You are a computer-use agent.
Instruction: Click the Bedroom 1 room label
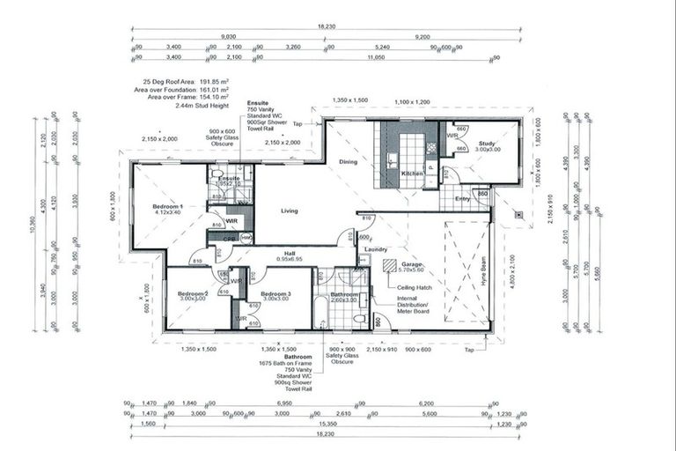click(x=166, y=207)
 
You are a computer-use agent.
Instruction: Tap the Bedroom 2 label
click(x=192, y=294)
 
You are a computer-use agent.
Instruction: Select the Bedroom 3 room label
click(x=275, y=294)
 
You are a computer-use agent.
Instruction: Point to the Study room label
click(x=487, y=144)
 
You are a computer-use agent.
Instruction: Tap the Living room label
click(x=290, y=211)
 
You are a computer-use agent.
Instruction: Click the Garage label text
click(x=413, y=264)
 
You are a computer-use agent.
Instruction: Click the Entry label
click(x=461, y=199)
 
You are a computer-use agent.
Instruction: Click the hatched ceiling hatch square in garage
click(x=389, y=264)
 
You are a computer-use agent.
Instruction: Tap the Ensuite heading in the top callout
click(x=258, y=103)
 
